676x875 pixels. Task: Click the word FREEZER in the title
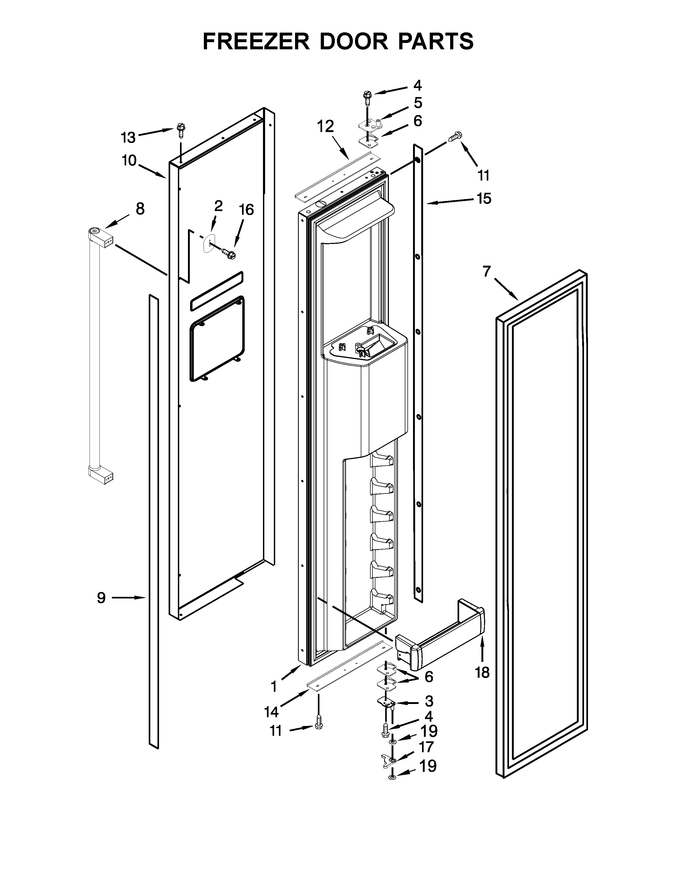pyautogui.click(x=256, y=41)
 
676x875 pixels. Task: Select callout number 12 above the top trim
pyautogui.click(x=325, y=126)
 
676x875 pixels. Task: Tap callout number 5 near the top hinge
pyautogui.click(x=418, y=103)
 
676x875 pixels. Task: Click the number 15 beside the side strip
pyautogui.click(x=484, y=198)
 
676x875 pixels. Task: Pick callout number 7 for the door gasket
pyautogui.click(x=486, y=272)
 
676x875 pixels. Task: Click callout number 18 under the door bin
pyautogui.click(x=482, y=673)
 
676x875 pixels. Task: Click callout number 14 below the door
pyautogui.click(x=271, y=712)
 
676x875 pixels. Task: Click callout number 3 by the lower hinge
pyautogui.click(x=429, y=701)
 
